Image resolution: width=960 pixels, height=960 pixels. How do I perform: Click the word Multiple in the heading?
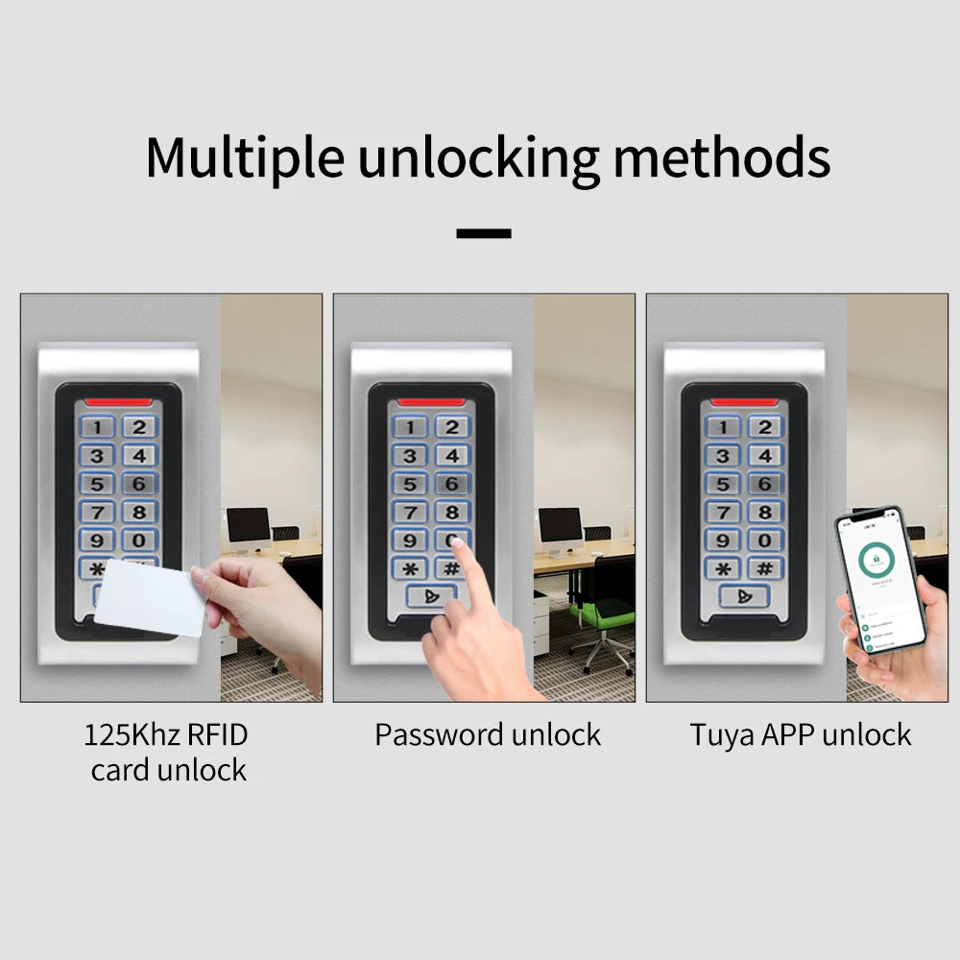tap(244, 157)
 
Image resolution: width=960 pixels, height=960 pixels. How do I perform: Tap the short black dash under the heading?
tap(484, 233)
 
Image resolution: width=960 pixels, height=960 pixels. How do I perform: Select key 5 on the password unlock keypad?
tap(411, 484)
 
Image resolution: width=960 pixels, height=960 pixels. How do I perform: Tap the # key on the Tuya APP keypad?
tap(764, 567)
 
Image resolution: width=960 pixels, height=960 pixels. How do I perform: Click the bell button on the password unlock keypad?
tap(431, 596)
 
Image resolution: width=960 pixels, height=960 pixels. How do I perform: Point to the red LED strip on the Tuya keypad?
tap(744, 401)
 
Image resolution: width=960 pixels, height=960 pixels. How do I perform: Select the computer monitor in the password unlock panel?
tap(561, 526)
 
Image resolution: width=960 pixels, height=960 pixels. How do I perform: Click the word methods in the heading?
tap(722, 157)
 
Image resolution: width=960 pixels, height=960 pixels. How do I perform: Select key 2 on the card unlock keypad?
tap(140, 427)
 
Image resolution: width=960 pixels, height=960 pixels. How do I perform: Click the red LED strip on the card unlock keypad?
tap(118, 401)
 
